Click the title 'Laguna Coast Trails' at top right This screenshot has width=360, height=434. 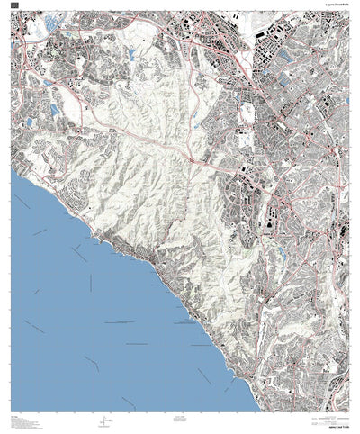tap(337, 4)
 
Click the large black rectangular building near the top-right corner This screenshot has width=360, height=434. tap(267, 34)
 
